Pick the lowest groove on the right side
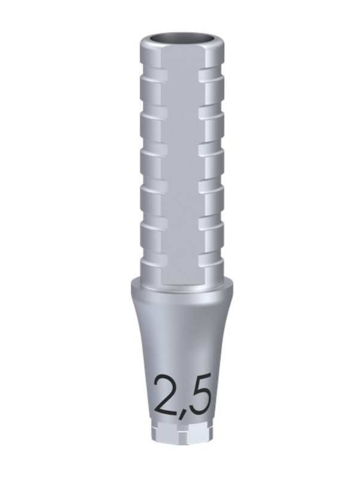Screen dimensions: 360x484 (x=211, y=258)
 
